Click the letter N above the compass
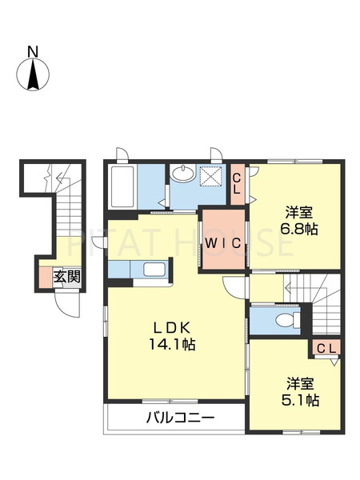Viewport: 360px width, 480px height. coord(33,52)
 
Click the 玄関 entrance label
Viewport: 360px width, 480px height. coord(67,277)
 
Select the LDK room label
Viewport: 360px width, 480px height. coord(172,329)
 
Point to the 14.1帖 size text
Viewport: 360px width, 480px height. coord(172,345)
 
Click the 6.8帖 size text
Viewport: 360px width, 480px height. coord(298,229)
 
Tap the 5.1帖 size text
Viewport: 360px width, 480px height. coord(300,400)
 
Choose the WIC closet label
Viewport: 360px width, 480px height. coord(223,244)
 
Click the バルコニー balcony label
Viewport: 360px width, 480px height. coord(180,418)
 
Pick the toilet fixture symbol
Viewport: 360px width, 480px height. coord(288,321)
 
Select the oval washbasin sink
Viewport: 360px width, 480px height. coord(183,174)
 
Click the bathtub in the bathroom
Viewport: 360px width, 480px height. coord(122,186)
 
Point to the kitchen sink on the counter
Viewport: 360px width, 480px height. coord(155,270)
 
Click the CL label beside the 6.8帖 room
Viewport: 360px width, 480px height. coord(237,184)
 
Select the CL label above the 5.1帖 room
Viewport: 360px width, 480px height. coord(326,348)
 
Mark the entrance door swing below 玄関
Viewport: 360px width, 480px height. coord(67,305)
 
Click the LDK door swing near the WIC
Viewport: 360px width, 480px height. coord(234,286)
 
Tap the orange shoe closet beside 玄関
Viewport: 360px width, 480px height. coord(46,278)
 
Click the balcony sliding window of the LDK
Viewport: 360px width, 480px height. coord(170,401)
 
